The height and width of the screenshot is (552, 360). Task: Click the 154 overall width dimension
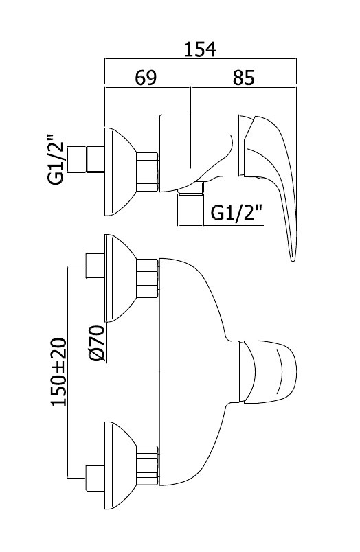tap(201, 49)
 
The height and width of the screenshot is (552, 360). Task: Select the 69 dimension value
tap(146, 78)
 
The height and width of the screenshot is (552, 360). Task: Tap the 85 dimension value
tap(243, 78)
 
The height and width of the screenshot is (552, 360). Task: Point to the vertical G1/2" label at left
tap(56, 159)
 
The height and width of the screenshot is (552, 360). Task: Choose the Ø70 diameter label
tap(96, 343)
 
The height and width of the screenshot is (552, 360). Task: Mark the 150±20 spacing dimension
tap(59, 372)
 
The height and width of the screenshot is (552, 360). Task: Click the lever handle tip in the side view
tap(293, 260)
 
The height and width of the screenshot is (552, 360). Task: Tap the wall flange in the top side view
tap(120, 172)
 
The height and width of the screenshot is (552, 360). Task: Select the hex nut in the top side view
tap(147, 172)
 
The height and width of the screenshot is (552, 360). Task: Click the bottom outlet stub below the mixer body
tap(190, 208)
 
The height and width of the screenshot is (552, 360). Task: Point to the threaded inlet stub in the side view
tap(95, 159)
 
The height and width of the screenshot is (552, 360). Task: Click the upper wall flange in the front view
tap(120, 278)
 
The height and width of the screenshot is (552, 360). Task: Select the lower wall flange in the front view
tap(120, 465)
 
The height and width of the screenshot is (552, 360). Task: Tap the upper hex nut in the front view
tap(147, 279)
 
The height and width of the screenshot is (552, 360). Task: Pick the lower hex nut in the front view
tap(147, 465)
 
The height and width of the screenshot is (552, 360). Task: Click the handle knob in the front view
tap(268, 371)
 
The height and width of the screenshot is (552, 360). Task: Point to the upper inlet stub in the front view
tap(95, 266)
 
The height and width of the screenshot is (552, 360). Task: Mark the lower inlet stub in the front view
tap(95, 478)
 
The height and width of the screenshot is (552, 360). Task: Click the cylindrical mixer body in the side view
tap(200, 153)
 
